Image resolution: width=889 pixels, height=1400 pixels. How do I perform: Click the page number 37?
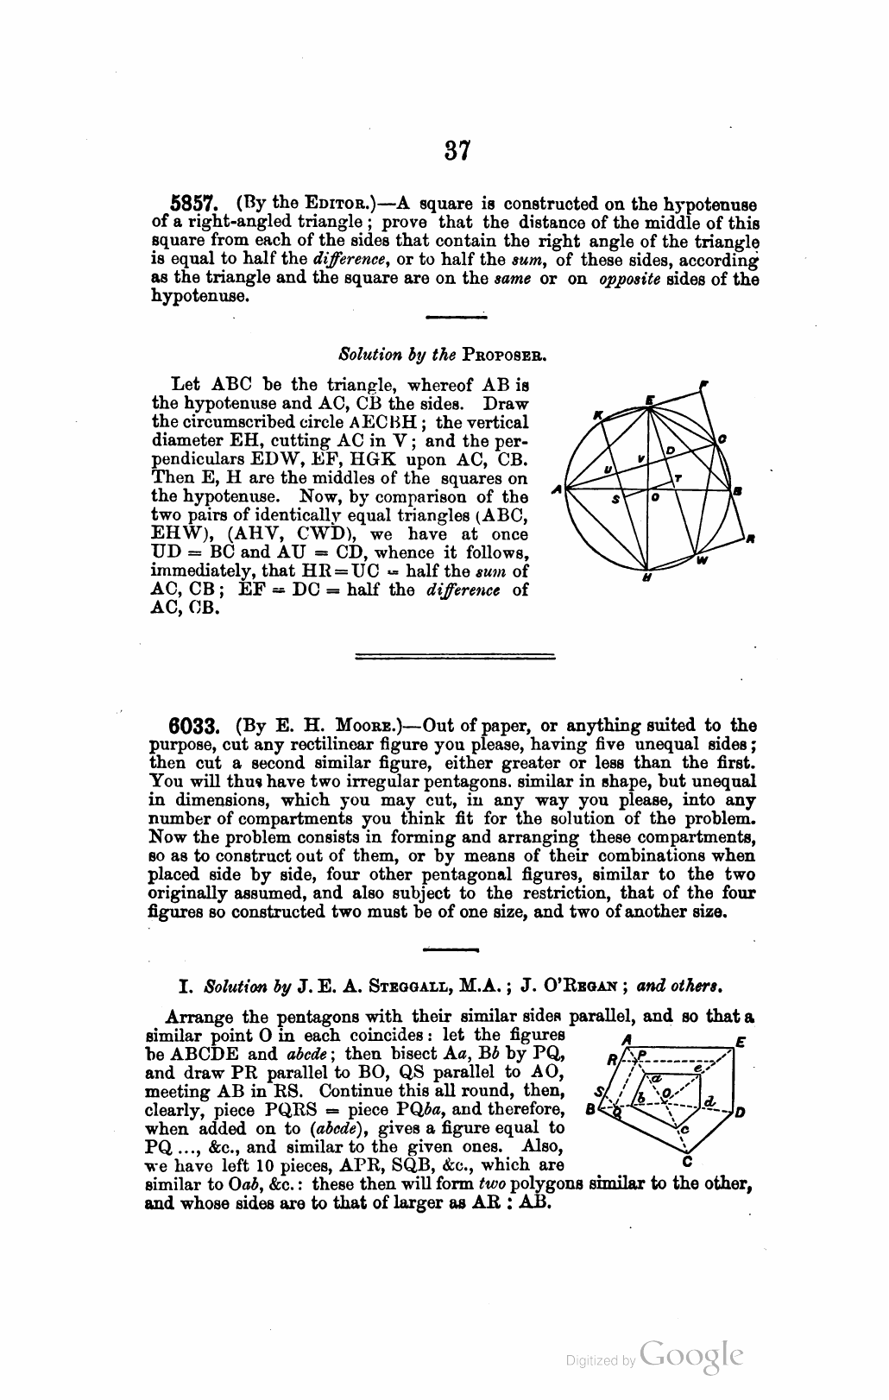[457, 151]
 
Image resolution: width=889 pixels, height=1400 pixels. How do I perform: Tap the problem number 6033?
[200, 727]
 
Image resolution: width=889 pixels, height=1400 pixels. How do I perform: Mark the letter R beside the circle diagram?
[751, 540]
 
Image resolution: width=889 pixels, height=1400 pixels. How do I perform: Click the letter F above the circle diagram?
[705, 382]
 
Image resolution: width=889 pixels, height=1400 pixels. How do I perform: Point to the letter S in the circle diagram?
[615, 500]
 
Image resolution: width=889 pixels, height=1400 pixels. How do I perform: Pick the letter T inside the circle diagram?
[678, 477]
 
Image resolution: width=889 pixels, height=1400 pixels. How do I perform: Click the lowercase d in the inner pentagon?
[709, 1100]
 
